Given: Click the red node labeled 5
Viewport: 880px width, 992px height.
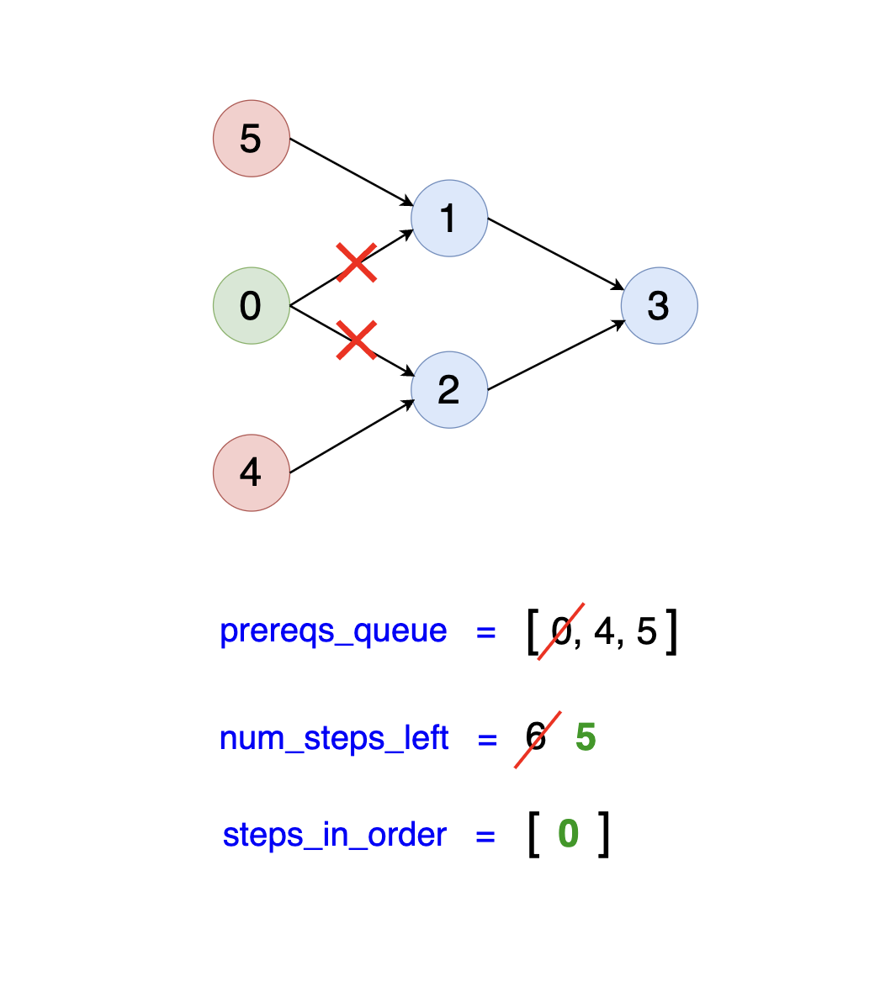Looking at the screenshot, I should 252,139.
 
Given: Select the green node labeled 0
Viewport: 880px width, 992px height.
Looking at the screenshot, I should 252,306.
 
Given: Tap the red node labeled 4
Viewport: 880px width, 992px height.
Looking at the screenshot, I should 252,472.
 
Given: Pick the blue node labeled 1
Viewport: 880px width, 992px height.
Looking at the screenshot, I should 449,219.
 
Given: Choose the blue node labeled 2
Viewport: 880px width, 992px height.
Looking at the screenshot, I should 449,390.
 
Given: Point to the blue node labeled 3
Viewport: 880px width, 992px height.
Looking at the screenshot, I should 659,306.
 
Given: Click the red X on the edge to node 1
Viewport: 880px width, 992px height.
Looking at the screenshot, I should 356,262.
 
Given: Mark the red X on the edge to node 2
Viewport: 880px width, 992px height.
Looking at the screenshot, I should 356,340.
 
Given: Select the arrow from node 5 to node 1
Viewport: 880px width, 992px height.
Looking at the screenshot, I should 350,171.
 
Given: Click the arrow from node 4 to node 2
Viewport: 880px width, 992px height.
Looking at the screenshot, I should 350,436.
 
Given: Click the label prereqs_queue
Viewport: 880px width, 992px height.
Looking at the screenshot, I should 333,631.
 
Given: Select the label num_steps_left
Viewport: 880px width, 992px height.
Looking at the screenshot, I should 334,739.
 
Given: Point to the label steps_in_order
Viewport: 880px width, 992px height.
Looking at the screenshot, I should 335,836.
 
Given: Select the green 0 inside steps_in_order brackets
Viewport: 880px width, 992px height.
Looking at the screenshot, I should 569,835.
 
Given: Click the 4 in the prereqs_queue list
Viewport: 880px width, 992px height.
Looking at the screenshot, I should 604,631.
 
